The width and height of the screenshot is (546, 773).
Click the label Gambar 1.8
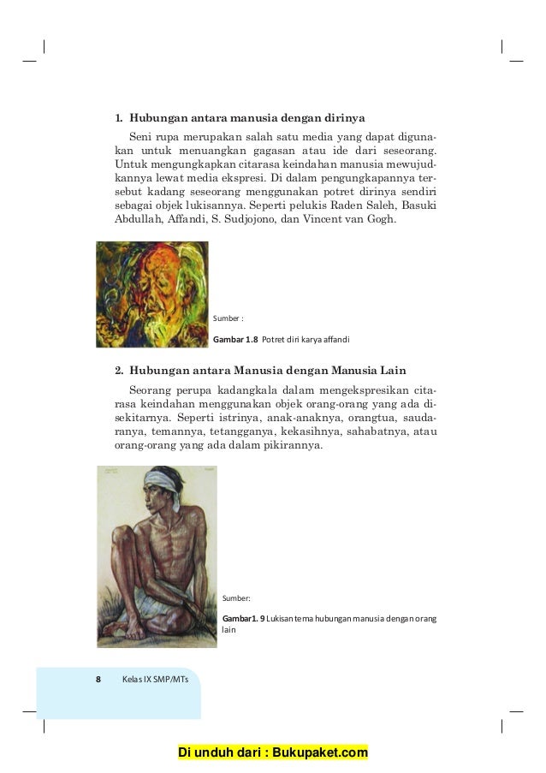point(240,340)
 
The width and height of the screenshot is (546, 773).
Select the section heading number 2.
point(119,371)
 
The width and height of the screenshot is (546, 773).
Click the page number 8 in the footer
point(98,680)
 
